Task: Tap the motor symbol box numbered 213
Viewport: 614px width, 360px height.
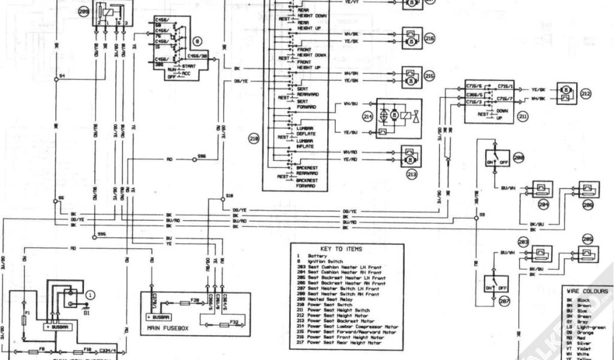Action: (410, 157)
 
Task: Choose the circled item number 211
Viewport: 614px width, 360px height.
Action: (523, 116)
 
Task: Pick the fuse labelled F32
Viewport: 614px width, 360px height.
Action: (223, 324)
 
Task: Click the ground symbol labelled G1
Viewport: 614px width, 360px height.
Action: (88, 306)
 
